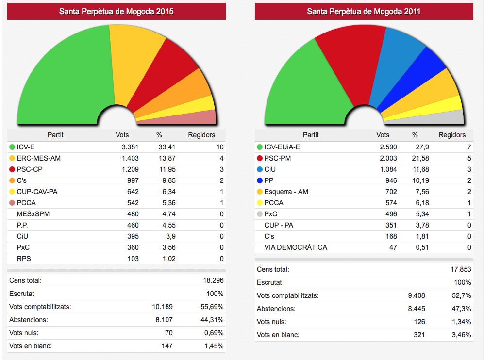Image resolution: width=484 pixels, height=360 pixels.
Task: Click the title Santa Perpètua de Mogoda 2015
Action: [x=117, y=11]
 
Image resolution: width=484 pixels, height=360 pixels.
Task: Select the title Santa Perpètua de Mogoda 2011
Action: [x=364, y=11]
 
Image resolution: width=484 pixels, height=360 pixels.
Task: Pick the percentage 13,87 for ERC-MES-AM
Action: [x=165, y=158]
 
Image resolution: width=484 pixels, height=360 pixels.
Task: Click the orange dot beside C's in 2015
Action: [x=12, y=180]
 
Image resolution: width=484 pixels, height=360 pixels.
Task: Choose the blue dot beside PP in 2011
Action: [x=260, y=180]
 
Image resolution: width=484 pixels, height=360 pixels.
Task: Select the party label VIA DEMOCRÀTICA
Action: [x=296, y=247]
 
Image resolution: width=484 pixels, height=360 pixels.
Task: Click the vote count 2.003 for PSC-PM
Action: [x=389, y=158]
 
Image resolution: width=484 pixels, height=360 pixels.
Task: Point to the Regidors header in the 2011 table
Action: [x=452, y=135]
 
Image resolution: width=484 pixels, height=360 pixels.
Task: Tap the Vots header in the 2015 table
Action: [x=122, y=135]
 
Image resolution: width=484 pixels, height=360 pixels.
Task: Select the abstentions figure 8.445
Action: [x=416, y=309]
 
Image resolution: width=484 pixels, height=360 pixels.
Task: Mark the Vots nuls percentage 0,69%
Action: [x=214, y=333]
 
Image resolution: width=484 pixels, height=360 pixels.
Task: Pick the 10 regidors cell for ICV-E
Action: [x=220, y=147]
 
